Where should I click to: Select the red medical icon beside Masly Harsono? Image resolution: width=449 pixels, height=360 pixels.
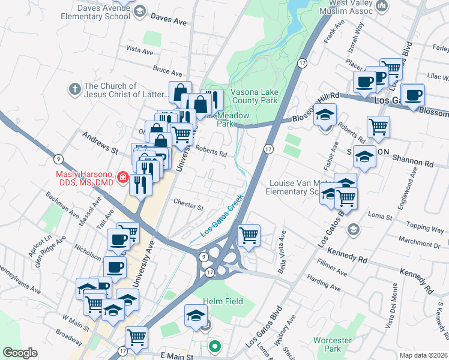coord(123,178)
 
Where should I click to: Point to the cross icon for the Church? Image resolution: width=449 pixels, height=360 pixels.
coord(75,89)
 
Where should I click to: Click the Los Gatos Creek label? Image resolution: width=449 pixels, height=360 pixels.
coord(221,214)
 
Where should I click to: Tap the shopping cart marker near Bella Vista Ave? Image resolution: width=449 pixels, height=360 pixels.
coord(249,235)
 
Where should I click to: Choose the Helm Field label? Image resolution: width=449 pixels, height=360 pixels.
coord(221,301)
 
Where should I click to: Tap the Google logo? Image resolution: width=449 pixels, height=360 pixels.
coord(20,352)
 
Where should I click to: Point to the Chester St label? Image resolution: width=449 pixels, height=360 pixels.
coord(188,205)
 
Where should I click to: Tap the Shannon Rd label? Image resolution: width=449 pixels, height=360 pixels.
coord(413,162)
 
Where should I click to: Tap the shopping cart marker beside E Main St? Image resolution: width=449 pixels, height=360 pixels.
coord(137,337)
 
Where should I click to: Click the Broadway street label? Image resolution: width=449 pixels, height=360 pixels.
coord(69,337)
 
